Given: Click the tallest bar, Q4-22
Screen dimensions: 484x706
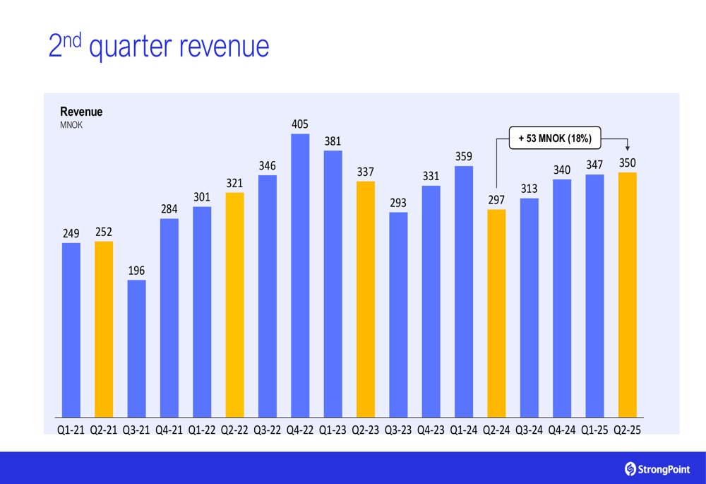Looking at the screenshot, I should click(300, 276).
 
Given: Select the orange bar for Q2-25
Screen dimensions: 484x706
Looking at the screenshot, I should click(627, 295).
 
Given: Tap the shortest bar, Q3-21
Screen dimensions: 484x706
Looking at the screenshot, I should click(136, 348).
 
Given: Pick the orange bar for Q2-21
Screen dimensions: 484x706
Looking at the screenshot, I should click(104, 329).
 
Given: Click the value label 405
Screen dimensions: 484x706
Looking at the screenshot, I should click(300, 124).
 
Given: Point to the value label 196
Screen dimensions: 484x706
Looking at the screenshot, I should click(136, 271).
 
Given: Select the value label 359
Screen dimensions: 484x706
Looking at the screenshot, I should click(463, 156).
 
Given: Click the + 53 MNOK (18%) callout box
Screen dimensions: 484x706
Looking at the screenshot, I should click(555, 138).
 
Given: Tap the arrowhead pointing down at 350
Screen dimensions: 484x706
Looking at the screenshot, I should click(627, 148).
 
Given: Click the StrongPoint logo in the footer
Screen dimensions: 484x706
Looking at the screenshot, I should click(657, 468).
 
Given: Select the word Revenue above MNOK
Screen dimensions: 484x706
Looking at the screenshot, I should click(81, 112).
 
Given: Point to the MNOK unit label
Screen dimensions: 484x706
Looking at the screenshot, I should click(71, 125).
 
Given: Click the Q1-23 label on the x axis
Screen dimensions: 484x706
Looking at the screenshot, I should click(333, 430).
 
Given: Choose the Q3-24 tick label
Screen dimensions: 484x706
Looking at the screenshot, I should click(529, 430).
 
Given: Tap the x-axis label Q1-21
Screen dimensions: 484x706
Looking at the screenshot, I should click(71, 430).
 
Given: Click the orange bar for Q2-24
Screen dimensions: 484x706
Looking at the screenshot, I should click(496, 313).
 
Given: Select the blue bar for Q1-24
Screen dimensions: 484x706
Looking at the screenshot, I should click(463, 291).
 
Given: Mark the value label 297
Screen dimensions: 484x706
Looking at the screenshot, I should click(496, 200).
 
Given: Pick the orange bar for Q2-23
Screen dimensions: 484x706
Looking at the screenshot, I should click(365, 299).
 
